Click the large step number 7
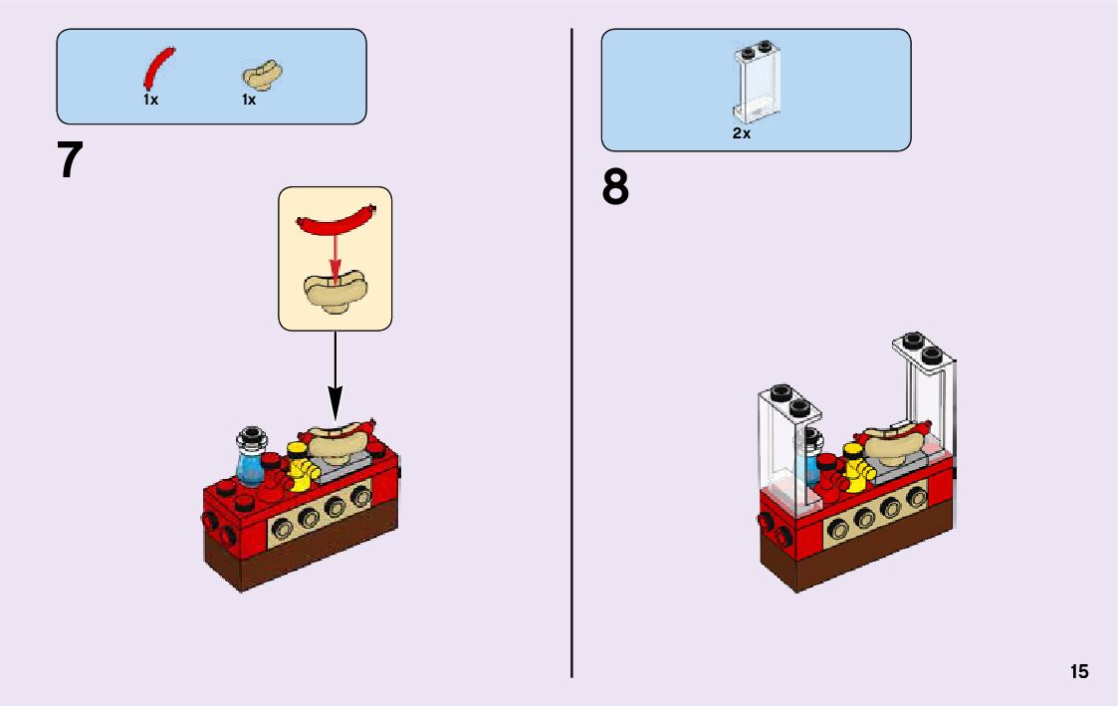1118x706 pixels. tap(70, 160)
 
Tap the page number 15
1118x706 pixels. tap(1079, 672)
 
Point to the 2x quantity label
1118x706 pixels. tap(742, 133)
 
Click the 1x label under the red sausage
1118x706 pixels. tap(150, 101)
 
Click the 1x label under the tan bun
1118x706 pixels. tap(249, 101)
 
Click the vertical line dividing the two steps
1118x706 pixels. tap(571, 349)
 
